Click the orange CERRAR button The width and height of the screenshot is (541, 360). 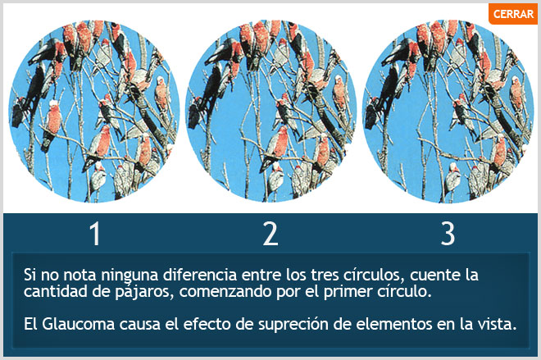point(512,14)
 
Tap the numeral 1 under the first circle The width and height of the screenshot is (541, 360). point(95,234)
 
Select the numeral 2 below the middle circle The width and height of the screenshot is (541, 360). point(270,234)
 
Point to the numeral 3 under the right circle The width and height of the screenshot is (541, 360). point(448,234)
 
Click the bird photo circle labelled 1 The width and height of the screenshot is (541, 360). point(93,112)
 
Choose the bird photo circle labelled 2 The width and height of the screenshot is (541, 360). point(270,112)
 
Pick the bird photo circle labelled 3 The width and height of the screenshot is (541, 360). point(448,112)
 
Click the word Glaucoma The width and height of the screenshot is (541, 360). point(79,324)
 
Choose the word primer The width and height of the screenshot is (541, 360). point(347,292)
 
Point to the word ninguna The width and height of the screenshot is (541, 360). point(130,276)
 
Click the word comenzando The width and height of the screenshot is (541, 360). point(225,291)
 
